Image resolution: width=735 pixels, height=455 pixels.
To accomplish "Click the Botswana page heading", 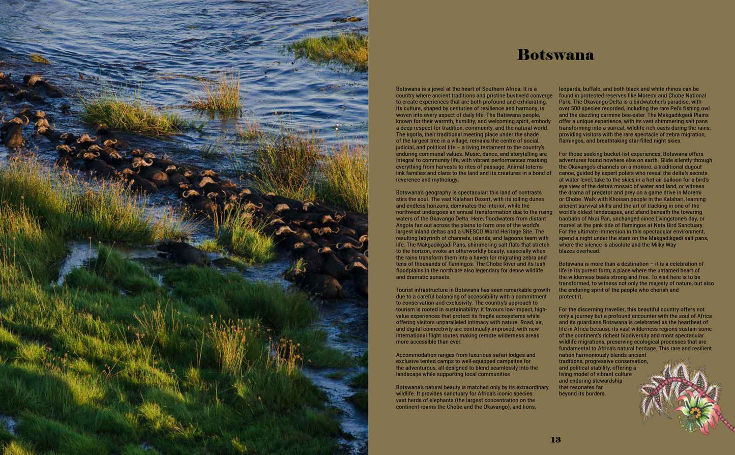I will [x=555, y=55].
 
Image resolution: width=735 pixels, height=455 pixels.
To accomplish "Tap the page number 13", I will [x=555, y=440].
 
